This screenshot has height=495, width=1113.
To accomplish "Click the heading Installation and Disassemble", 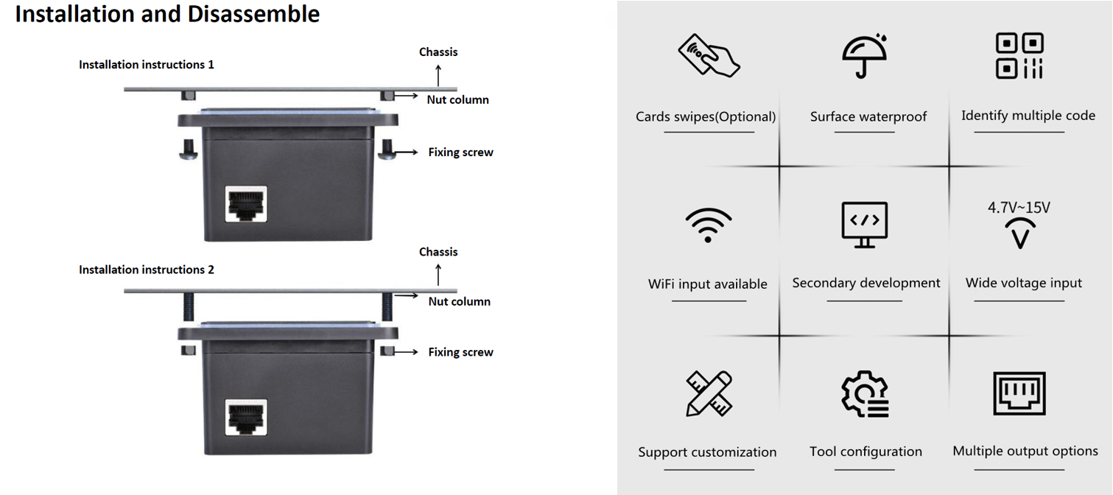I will [167, 14].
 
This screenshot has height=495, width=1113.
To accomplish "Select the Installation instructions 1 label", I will [147, 65].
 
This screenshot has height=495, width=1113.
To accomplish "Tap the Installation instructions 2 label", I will [147, 270].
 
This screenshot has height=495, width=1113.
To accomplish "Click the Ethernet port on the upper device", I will [245, 204].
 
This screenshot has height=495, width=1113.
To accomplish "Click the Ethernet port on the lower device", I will [245, 417].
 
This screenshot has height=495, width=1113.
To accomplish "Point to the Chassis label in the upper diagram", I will [438, 52].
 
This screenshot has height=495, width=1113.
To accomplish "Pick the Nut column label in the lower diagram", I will [459, 301].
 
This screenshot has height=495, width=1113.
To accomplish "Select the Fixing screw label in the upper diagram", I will [460, 152].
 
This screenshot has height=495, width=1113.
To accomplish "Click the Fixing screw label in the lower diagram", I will [460, 352].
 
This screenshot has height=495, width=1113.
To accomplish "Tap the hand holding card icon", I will [709, 55].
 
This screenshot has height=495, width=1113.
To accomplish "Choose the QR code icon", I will [1019, 55].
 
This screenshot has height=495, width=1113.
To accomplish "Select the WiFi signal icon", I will [708, 224].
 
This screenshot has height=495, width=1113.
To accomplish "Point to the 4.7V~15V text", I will [1019, 208].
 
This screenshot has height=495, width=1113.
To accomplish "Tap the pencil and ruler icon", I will [709, 393].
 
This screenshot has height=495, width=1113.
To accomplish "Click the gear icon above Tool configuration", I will [865, 394].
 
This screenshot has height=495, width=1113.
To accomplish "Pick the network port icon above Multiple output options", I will [1019, 393].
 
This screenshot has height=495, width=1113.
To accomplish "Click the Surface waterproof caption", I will [868, 116].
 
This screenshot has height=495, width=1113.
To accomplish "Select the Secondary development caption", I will [866, 283].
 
